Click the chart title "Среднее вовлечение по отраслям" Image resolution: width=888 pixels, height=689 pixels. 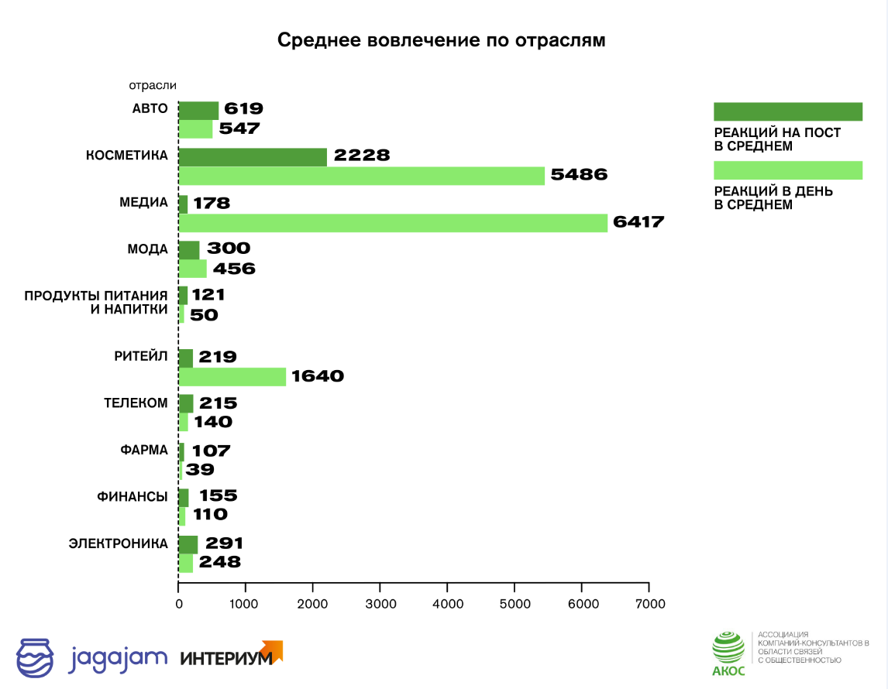(x=442, y=40)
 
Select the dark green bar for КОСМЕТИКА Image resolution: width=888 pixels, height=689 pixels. (x=253, y=156)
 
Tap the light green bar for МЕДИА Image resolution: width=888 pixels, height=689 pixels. (x=393, y=223)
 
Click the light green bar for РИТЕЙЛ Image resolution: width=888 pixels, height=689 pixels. (x=232, y=377)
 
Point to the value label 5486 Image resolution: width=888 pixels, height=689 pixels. (x=578, y=175)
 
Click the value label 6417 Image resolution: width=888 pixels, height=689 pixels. (x=638, y=222)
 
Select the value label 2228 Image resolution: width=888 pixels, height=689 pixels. (x=361, y=156)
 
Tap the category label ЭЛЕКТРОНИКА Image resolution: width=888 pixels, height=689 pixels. (x=119, y=543)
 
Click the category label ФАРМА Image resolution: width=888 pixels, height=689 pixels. (x=143, y=450)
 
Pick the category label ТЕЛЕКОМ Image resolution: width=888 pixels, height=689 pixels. (x=136, y=403)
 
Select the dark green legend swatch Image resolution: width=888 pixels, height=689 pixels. (x=787, y=111)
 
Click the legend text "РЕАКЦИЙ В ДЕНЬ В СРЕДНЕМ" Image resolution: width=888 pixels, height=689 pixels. (x=773, y=198)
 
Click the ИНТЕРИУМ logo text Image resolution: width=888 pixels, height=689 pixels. (x=226, y=659)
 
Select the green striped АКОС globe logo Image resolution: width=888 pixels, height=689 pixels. (x=728, y=648)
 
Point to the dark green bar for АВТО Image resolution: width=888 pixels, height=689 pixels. (x=198, y=110)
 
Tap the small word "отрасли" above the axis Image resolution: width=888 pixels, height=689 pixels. (x=153, y=86)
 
